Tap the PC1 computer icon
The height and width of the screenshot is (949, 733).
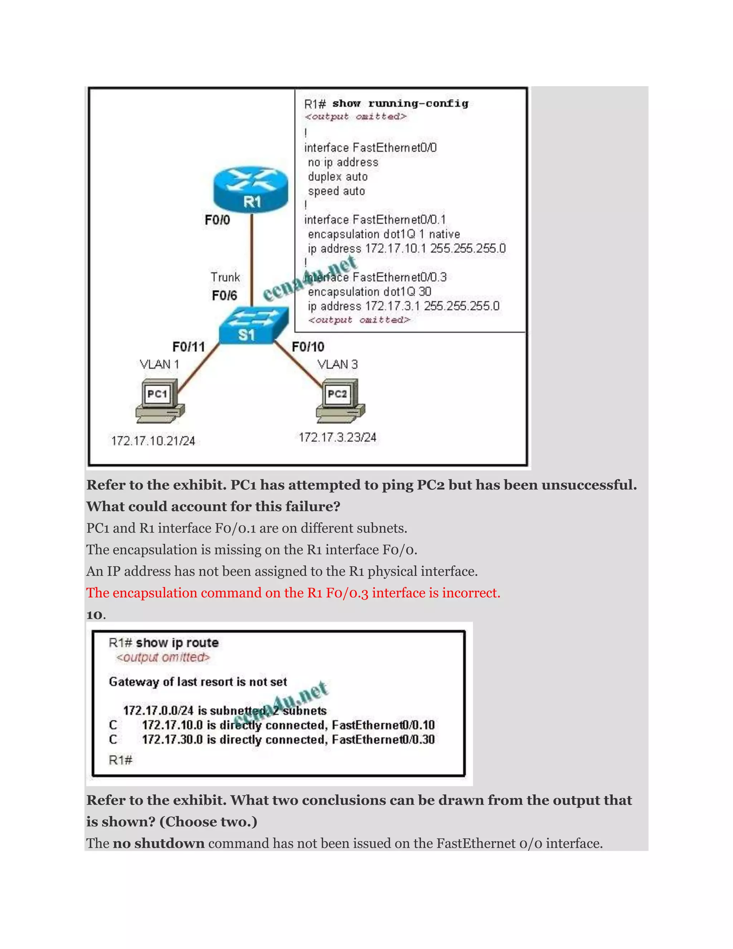(x=160, y=400)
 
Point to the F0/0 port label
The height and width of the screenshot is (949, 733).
(x=217, y=220)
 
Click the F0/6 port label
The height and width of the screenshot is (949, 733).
(x=224, y=296)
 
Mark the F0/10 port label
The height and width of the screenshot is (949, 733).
(x=308, y=347)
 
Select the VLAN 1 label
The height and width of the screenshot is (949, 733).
(x=159, y=364)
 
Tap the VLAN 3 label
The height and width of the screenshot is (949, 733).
(x=338, y=364)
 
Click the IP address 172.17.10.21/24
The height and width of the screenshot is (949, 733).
(x=153, y=441)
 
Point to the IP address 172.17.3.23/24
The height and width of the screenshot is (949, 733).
(x=338, y=437)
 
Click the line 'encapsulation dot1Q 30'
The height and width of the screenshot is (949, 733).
(x=369, y=292)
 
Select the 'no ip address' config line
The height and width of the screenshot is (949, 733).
(x=343, y=163)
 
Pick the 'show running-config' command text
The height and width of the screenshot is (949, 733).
(x=400, y=103)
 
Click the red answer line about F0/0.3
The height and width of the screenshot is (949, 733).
(x=293, y=593)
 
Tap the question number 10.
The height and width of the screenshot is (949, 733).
(x=96, y=615)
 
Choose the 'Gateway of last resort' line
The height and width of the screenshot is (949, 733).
(x=198, y=682)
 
